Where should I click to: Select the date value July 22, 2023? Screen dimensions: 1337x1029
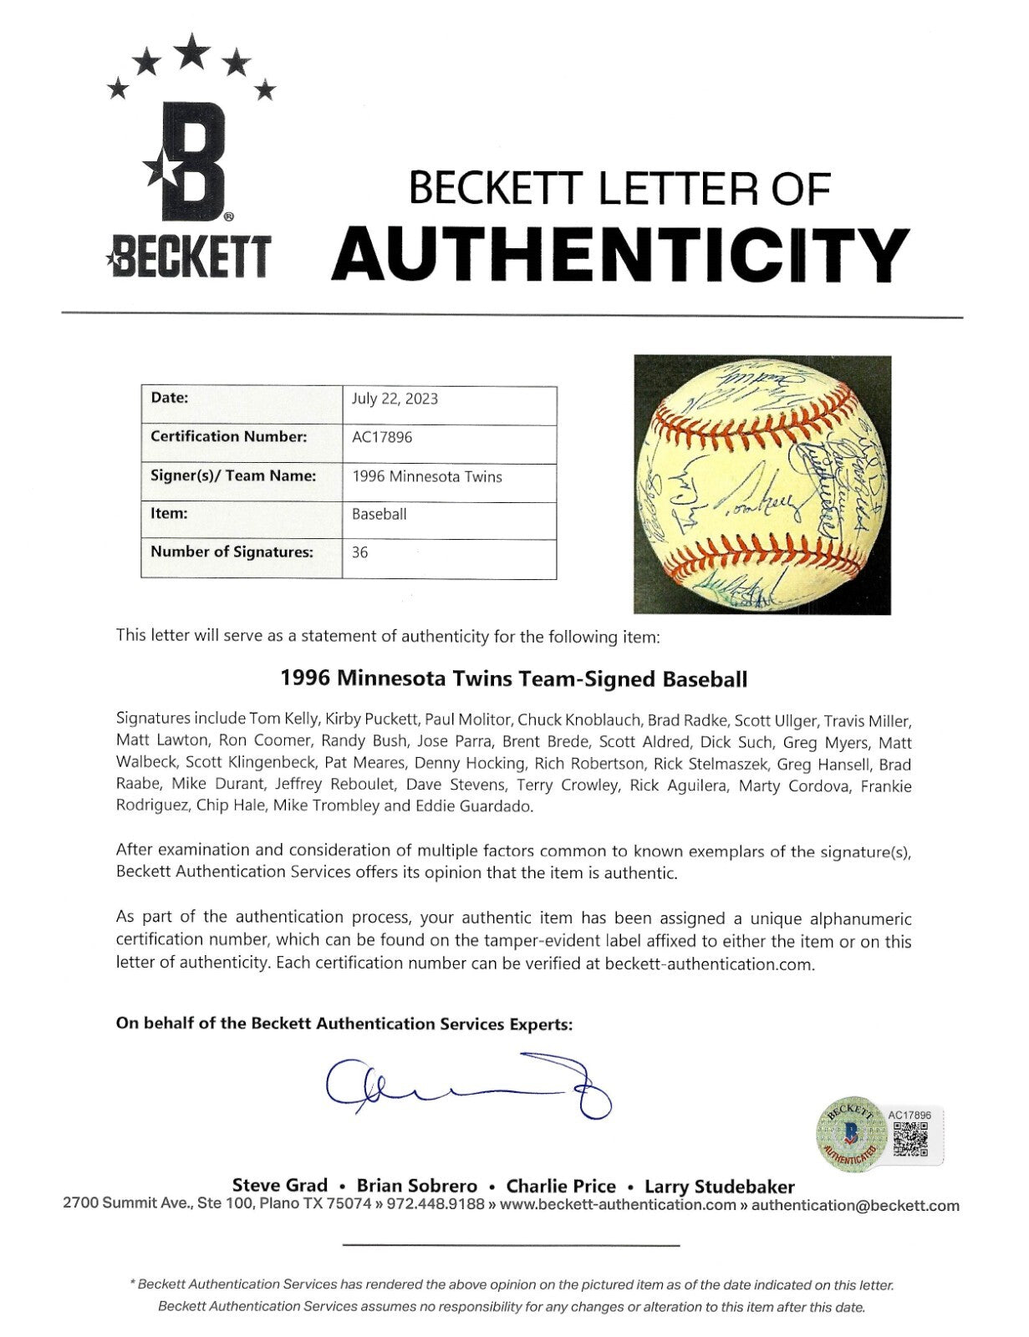click(395, 399)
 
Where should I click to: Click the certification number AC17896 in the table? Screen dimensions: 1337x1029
click(382, 437)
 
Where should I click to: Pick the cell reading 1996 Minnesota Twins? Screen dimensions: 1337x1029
click(427, 476)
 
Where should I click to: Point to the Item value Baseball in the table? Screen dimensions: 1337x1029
click(380, 514)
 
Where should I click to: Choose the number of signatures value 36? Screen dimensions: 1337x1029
click(360, 552)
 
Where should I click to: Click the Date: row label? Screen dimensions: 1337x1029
click(170, 399)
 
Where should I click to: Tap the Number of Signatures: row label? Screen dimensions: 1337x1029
click(232, 552)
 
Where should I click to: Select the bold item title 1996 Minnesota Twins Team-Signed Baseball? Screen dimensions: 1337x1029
click(514, 679)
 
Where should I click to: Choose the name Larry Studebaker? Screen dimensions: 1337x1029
click(720, 1186)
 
